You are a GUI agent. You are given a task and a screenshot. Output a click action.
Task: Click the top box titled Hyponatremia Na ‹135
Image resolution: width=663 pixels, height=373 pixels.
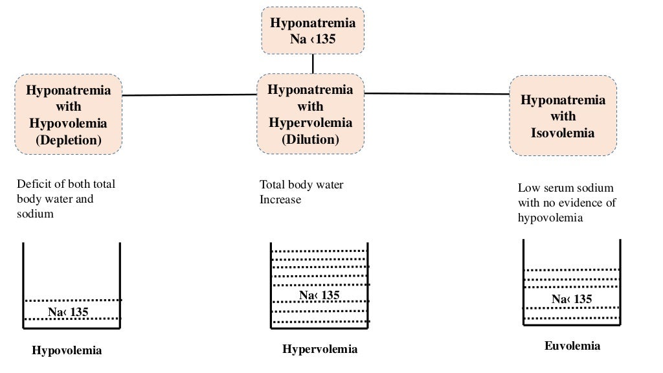click(x=313, y=30)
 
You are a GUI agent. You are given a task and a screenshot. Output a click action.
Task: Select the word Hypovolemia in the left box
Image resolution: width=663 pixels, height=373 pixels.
click(x=68, y=123)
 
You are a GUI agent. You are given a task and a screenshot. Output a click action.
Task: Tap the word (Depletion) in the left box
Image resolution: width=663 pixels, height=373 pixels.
click(x=68, y=139)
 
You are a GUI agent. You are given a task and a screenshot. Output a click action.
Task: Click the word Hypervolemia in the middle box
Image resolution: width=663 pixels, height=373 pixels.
click(x=310, y=122)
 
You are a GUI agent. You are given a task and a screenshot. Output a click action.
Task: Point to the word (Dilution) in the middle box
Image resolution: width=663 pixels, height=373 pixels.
click(x=310, y=139)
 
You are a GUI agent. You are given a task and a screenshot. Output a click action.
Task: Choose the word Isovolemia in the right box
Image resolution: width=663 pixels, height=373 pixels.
click(x=563, y=133)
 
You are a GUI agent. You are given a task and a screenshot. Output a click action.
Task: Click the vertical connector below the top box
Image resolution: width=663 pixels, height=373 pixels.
click(x=313, y=63)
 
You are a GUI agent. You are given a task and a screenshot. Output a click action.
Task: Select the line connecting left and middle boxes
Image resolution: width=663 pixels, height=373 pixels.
click(x=189, y=95)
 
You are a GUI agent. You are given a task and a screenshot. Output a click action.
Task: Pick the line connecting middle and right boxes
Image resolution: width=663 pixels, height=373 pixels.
click(x=437, y=93)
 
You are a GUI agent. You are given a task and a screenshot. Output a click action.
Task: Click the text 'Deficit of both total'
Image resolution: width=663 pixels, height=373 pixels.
click(x=66, y=184)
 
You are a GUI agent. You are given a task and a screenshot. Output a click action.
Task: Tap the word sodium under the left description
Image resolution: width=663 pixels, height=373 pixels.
click(x=35, y=214)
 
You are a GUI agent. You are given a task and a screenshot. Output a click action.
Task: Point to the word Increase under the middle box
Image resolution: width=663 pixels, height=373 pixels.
click(x=280, y=199)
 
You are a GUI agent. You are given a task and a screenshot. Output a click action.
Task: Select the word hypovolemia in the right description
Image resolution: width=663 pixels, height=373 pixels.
click(x=550, y=218)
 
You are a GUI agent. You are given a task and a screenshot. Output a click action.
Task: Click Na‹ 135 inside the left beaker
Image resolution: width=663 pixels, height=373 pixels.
click(x=68, y=313)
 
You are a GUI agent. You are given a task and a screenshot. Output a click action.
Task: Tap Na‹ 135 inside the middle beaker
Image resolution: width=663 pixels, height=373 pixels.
click(x=319, y=295)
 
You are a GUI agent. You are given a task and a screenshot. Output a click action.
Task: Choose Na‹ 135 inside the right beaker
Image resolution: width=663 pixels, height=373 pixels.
click(x=572, y=299)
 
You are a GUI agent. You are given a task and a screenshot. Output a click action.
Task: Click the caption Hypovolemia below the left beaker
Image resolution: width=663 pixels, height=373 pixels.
click(x=67, y=351)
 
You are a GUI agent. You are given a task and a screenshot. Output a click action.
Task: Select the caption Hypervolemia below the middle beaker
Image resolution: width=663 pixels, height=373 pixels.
click(x=319, y=350)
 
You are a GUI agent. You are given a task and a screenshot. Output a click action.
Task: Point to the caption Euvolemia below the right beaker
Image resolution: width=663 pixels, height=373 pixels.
click(x=572, y=346)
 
